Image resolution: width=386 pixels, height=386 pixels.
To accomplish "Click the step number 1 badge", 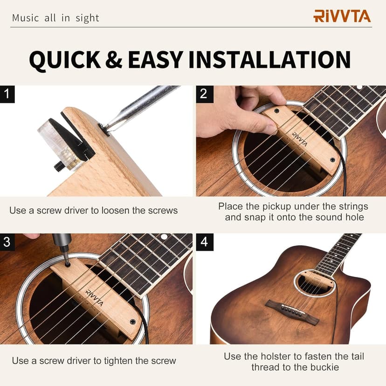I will tap(7, 94).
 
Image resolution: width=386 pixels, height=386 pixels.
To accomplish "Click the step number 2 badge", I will tap(204, 94).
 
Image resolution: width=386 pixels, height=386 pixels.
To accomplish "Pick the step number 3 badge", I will tap(7, 242).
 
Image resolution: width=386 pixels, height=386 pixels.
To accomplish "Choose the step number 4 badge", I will tap(204, 242).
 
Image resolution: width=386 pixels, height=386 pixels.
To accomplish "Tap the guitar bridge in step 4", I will tap(292, 311).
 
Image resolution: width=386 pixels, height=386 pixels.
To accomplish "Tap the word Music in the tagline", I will tap(25, 18).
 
